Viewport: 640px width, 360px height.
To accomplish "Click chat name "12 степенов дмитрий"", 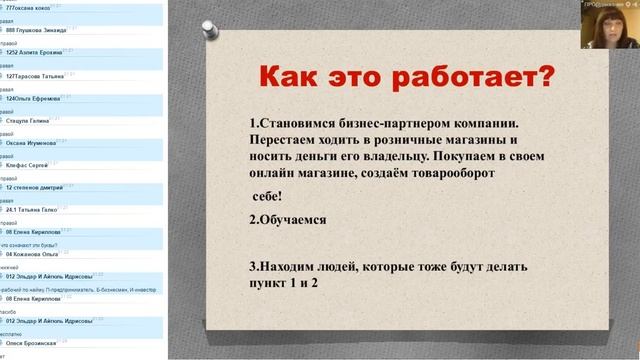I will coord(41,187).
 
